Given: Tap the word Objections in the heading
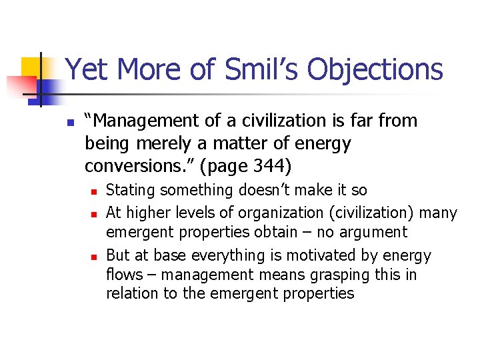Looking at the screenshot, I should click(377, 69).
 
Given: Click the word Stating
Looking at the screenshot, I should click(129, 190).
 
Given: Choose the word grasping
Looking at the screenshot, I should click(353, 274).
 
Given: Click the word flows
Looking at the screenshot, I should click(125, 274).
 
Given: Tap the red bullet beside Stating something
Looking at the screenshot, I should click(95, 191).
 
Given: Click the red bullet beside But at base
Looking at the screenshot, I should click(95, 257).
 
